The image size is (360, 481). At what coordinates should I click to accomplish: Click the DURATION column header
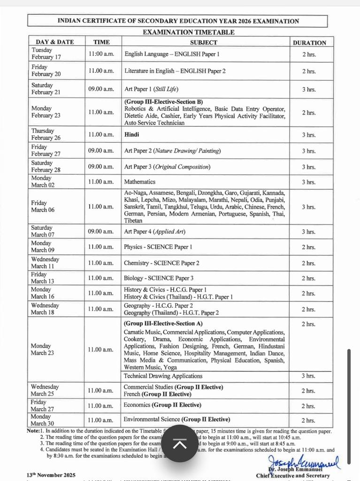tap(309, 42)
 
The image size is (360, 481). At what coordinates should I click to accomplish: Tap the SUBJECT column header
tap(203, 42)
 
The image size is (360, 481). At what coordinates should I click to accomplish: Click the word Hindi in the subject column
tap(131, 134)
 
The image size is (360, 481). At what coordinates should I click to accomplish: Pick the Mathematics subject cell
tap(139, 182)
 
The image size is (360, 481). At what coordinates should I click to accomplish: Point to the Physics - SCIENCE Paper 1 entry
tap(158, 247)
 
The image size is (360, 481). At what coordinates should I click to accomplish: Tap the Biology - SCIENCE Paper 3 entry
tap(158, 278)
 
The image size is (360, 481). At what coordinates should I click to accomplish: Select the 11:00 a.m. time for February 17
tap(101, 54)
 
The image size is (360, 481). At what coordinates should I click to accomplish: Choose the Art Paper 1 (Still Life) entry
tap(151, 89)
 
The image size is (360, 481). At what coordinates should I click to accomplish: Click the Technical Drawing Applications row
tap(163, 376)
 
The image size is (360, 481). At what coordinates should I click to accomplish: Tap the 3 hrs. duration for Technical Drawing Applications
tap(308, 376)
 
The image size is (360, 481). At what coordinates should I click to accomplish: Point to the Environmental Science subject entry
tap(176, 419)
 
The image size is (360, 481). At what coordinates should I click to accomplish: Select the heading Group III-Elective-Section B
tap(163, 101)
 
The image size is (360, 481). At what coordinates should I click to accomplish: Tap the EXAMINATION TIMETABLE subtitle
tap(188, 32)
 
